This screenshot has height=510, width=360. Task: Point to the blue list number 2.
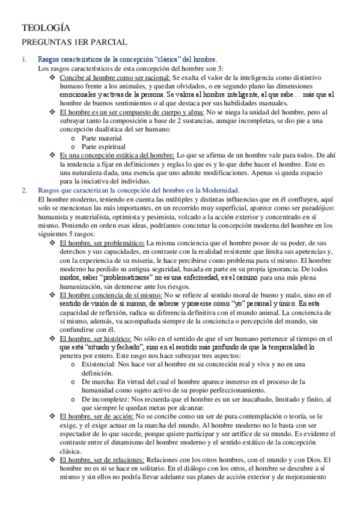[24, 190]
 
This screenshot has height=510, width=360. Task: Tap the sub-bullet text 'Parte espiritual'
[104, 147]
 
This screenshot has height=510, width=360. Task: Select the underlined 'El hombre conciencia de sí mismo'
[110, 295]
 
